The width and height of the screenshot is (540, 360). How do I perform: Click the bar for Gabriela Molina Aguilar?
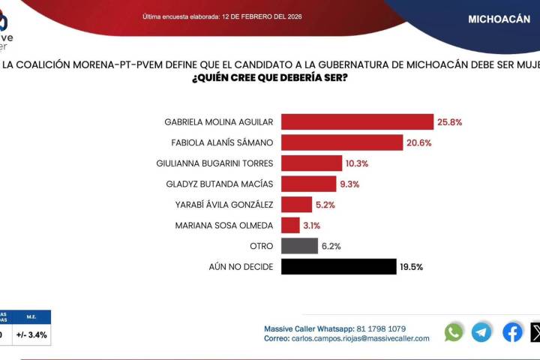pos(357,121)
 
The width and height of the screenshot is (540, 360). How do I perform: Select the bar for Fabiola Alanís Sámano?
pos(342,142)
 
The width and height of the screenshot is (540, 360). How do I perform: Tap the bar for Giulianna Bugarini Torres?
pos(311,163)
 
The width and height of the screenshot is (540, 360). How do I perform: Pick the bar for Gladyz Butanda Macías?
pos(308,184)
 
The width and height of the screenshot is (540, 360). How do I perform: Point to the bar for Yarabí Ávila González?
pos(296,204)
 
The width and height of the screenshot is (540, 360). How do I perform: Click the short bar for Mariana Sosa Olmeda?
pos(289,225)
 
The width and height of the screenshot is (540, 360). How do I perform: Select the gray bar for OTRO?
pos(299,245)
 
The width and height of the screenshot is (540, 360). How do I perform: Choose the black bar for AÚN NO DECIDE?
pos(338,266)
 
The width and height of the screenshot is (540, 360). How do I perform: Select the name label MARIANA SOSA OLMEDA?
pos(223,225)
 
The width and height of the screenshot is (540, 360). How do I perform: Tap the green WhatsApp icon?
pos(454,332)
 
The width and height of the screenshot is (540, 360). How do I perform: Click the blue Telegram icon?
pos(481,332)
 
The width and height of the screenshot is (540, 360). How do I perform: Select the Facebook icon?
pos(512,332)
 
